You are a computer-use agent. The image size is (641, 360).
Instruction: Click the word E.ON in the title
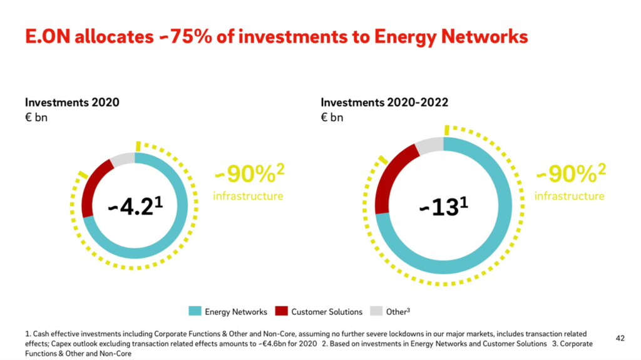(45, 37)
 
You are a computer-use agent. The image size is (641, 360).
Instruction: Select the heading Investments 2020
(72, 102)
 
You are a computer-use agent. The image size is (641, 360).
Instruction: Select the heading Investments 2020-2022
(384, 102)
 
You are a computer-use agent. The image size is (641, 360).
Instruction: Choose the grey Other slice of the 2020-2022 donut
(429, 145)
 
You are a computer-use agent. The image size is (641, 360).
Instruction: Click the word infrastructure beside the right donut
(569, 196)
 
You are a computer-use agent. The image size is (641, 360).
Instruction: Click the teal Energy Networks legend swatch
(195, 311)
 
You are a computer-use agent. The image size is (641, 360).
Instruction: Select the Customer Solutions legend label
(326, 311)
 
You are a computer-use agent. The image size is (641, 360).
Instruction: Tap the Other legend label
(397, 311)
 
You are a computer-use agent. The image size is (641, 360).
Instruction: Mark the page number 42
(620, 337)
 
